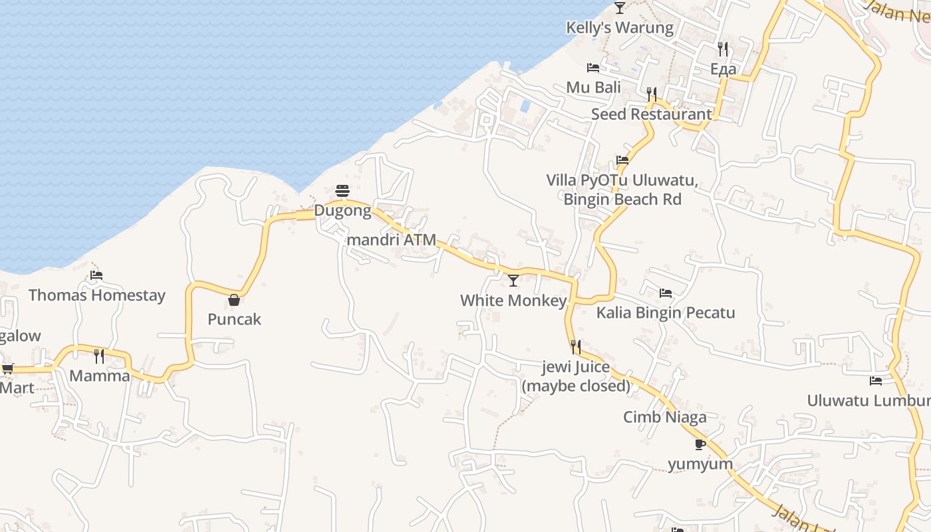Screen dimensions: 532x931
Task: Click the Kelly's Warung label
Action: (619, 27)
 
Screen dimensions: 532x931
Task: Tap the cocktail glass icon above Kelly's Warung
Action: (620, 8)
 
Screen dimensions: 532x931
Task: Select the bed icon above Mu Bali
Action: (593, 68)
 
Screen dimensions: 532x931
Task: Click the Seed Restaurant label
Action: (651, 114)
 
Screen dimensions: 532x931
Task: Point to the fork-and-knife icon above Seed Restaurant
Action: (652, 94)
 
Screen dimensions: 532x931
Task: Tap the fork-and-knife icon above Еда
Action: (723, 49)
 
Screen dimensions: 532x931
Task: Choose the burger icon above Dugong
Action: (342, 192)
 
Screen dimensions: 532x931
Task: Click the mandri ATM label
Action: (391, 240)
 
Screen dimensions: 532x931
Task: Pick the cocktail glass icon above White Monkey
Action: (513, 281)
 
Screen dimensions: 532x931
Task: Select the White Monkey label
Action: (513, 301)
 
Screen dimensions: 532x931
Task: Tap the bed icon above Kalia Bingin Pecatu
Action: (665, 293)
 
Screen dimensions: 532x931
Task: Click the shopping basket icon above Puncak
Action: (234, 300)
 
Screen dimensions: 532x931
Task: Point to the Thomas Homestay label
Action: (97, 295)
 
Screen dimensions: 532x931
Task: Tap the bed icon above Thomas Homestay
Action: (96, 275)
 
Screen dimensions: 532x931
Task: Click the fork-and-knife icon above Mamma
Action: (99, 356)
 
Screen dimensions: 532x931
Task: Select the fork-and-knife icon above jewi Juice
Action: (576, 346)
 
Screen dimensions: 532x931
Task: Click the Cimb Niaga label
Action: (664, 417)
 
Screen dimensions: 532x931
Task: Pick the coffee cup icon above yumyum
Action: (700, 444)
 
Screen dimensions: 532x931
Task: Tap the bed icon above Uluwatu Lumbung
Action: (876, 381)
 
